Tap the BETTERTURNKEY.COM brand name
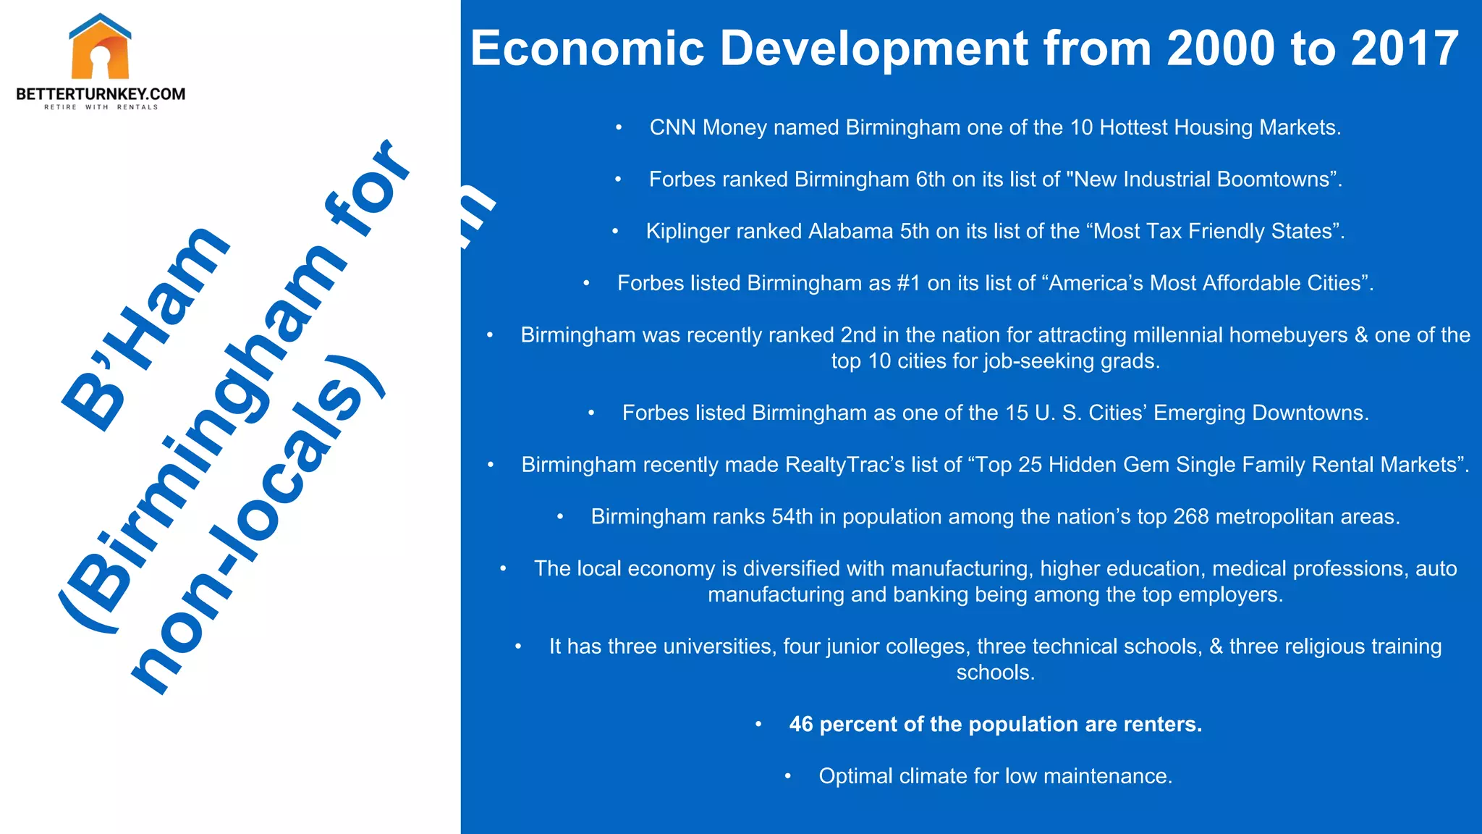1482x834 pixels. coord(101,94)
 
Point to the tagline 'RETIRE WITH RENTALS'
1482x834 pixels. coord(101,107)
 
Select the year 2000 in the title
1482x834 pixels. coord(1221,49)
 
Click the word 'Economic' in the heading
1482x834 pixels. coord(587,49)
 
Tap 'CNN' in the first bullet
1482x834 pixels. coord(673,127)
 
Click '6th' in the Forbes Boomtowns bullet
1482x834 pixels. coord(931,180)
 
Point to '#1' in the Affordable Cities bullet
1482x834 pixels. coord(908,283)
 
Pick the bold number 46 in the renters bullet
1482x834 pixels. coord(801,725)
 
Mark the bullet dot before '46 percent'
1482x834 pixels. coord(758,725)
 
